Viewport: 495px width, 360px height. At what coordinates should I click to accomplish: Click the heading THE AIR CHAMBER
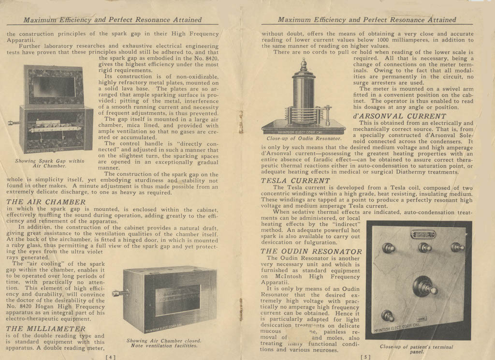point(46,202)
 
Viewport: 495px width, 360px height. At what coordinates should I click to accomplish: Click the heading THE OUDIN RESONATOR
point(311,251)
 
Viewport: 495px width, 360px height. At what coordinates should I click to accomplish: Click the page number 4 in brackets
point(111,357)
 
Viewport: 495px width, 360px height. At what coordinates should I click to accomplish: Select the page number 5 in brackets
point(365,357)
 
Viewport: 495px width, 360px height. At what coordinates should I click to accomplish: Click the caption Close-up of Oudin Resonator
point(304,138)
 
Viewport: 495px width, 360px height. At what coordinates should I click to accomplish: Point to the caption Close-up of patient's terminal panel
point(416,349)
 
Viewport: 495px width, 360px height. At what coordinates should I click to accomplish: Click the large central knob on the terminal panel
point(424,286)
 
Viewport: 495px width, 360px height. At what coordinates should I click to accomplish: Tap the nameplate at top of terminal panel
point(423,235)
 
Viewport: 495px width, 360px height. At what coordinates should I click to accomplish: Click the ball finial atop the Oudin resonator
point(304,63)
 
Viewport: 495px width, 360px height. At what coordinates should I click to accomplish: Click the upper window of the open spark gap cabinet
point(54,87)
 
